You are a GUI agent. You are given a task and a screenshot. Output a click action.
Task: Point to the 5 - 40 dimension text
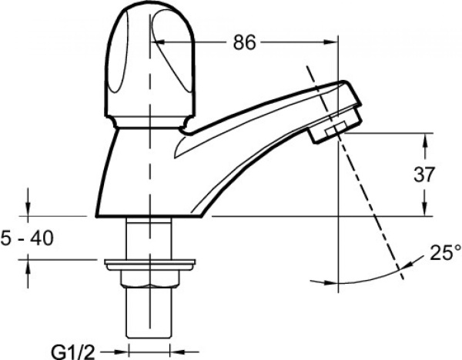point(28,239)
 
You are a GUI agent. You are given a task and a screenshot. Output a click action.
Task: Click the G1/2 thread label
point(74,352)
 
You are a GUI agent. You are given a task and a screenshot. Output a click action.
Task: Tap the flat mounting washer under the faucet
point(147,265)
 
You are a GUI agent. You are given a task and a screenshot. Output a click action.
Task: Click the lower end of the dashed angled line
point(401,272)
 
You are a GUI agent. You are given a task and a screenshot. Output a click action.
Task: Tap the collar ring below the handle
point(150,122)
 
